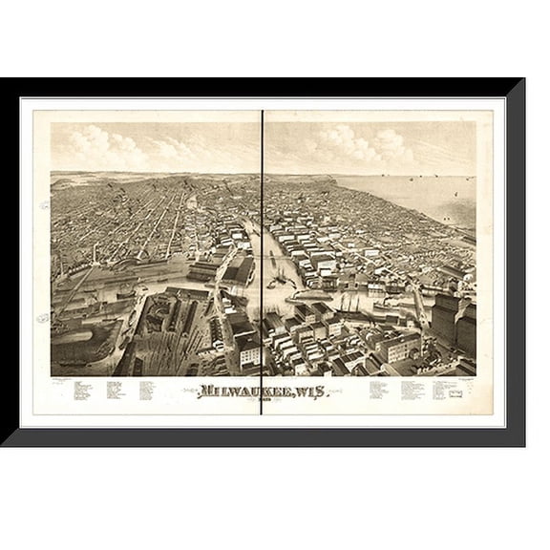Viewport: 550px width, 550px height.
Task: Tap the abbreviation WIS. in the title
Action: pos(307,390)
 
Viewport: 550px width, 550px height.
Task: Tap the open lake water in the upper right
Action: pos(420,191)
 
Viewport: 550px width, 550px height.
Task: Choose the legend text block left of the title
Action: pos(115,391)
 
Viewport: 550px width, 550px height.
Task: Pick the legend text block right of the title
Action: pos(411,390)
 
